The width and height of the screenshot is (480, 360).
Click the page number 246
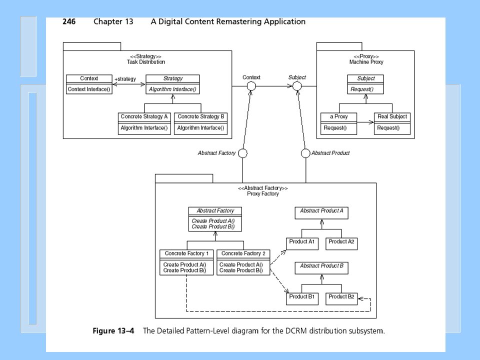click(69, 21)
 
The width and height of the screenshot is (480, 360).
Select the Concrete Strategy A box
click(144, 123)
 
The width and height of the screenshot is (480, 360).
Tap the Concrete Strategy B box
click(201, 123)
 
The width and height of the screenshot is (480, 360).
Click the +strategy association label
click(125, 79)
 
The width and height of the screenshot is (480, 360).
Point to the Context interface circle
click(251, 86)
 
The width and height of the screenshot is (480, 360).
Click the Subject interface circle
click(297, 86)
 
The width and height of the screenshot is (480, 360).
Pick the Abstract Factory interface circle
click(243, 153)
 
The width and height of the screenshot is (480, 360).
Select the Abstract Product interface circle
click(305, 153)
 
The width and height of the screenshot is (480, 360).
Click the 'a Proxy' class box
click(338, 123)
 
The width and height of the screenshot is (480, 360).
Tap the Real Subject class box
click(392, 123)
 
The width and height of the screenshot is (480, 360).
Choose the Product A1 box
click(302, 244)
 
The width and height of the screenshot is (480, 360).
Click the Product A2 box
click(341, 244)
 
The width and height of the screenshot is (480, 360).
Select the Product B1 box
click(302, 299)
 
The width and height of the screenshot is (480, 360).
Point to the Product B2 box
click(341, 299)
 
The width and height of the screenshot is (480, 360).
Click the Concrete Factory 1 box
click(186, 262)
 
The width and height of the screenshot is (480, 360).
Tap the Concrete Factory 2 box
click(243, 262)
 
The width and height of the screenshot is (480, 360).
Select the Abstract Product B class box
click(321, 268)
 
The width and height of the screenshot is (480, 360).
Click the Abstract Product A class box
click(321, 213)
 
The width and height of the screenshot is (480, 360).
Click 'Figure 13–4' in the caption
click(113, 331)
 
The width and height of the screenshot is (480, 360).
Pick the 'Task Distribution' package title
click(146, 62)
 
